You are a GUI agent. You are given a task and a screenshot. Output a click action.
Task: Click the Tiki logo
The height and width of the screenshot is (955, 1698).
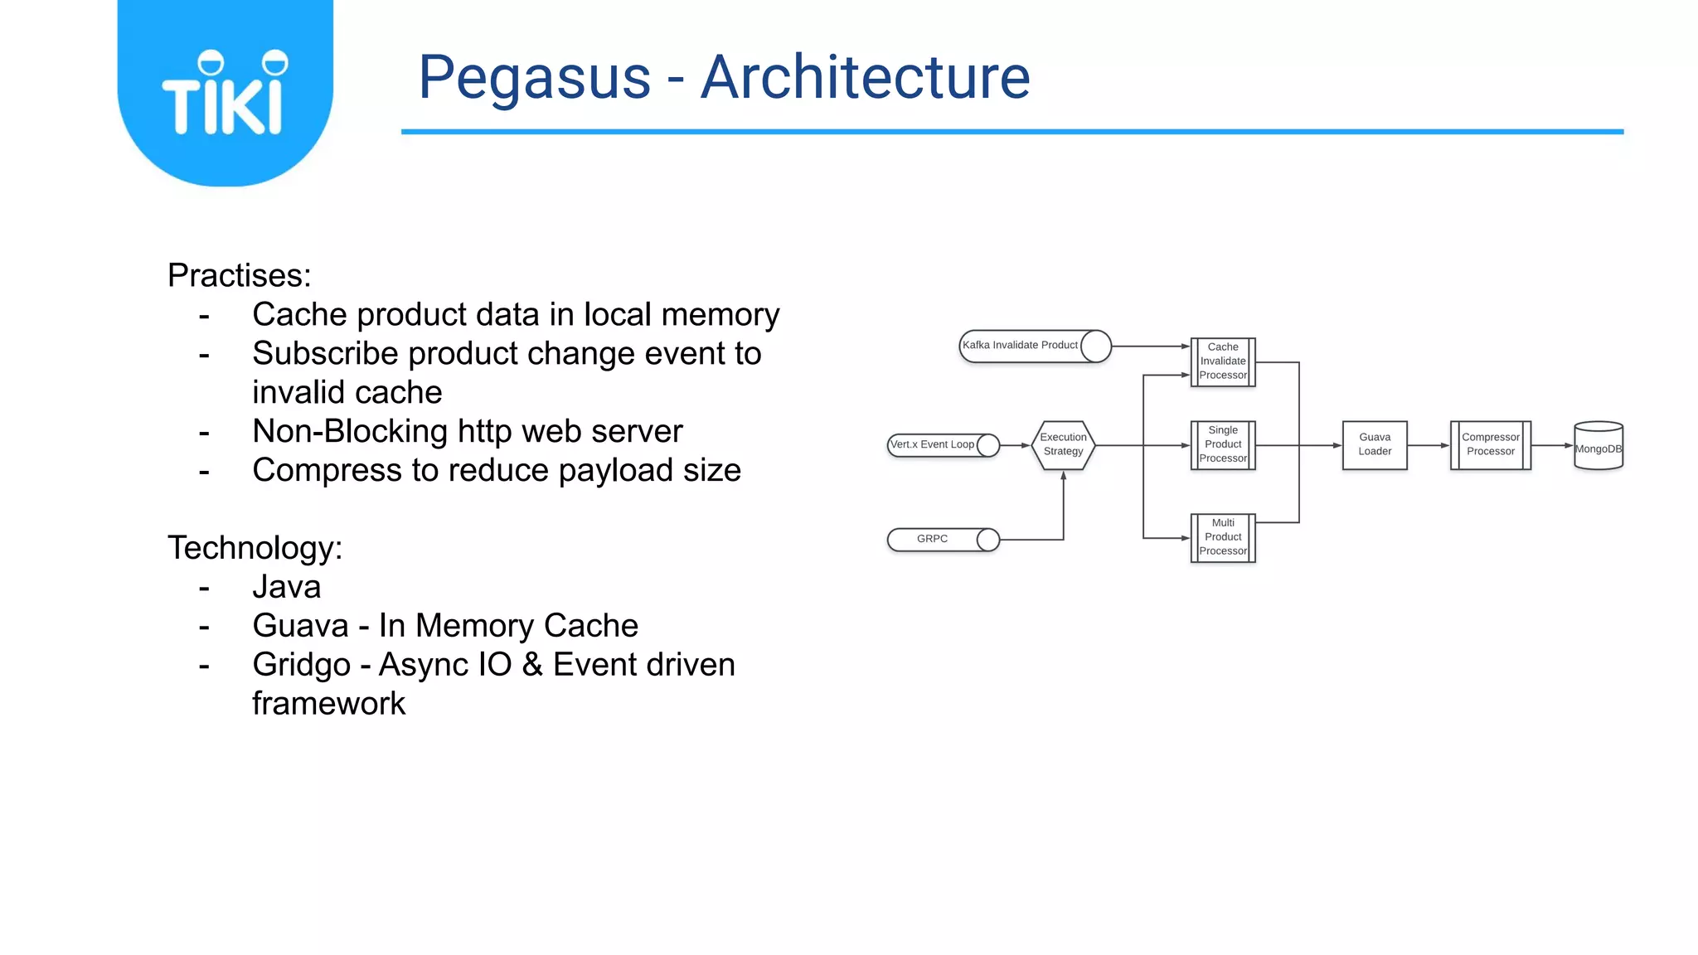tap(225, 93)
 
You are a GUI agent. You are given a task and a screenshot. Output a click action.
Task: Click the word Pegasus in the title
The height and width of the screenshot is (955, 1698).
tap(535, 78)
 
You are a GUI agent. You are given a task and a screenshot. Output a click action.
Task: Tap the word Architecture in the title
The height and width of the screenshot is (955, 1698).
tap(865, 77)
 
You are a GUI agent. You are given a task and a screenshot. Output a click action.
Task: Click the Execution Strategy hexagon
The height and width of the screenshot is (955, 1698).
tap(1063, 445)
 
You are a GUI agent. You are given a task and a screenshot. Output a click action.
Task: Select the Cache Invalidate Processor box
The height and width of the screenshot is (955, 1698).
tap(1223, 361)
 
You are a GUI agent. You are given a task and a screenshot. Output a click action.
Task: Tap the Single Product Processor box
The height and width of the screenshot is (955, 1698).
tap(1223, 445)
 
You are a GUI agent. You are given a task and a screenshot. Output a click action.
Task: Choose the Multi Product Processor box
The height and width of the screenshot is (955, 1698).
tap(1223, 537)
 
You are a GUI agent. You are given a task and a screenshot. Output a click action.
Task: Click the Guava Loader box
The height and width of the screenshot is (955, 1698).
tap(1375, 445)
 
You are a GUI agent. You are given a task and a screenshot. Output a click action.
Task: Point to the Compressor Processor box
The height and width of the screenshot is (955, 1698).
tap(1490, 445)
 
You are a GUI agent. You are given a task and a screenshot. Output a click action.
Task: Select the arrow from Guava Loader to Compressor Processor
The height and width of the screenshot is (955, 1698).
tap(1429, 445)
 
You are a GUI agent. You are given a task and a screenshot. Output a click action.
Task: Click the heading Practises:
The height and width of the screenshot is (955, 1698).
tap(240, 276)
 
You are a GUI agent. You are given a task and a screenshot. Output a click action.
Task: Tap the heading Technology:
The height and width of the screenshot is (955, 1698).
tap(255, 548)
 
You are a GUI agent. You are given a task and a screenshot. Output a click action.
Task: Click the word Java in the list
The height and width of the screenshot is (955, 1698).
tap(286, 587)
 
